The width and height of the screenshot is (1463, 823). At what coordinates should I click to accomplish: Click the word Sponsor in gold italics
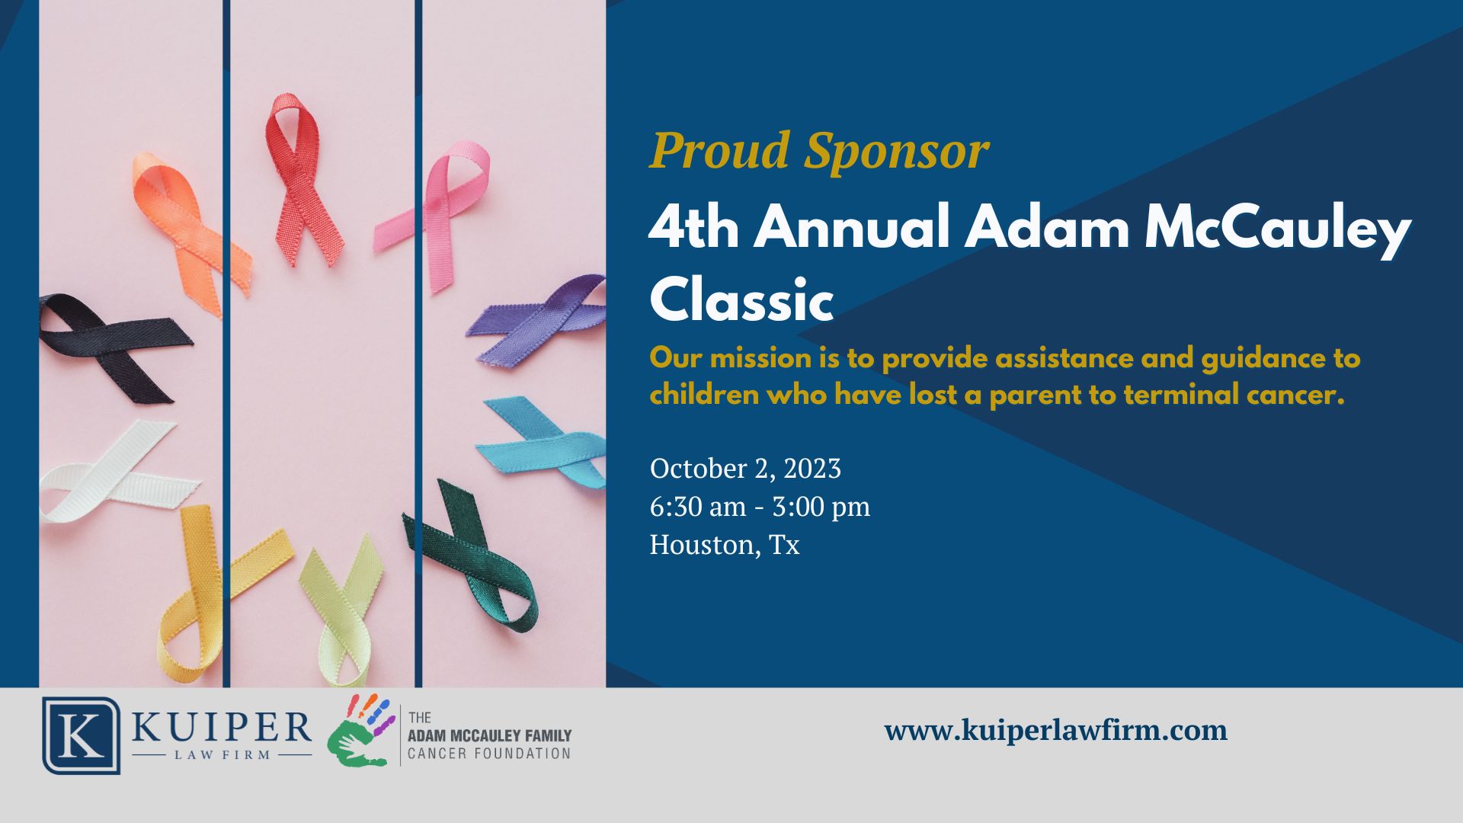click(896, 152)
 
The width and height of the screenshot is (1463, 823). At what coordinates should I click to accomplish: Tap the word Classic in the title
click(741, 299)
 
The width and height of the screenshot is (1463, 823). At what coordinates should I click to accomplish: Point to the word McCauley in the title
click(1278, 231)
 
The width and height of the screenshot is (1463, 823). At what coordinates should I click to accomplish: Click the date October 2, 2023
click(745, 469)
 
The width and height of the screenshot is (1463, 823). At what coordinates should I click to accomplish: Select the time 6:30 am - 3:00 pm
click(760, 507)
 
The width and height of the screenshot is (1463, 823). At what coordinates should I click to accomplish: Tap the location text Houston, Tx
click(725, 545)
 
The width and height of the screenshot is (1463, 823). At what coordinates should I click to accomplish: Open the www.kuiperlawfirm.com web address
click(1056, 731)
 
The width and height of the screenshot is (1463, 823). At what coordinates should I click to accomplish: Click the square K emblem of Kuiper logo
click(81, 735)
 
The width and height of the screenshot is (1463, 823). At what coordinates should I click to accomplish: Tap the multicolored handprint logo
click(359, 729)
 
